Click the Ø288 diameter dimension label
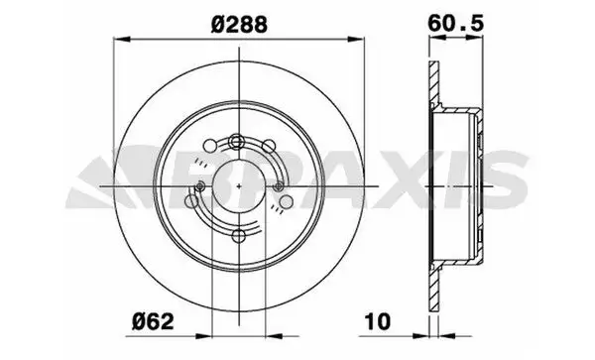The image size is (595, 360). (x=239, y=25)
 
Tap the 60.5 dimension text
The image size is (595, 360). (x=456, y=23)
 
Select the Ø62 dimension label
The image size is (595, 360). (x=153, y=322)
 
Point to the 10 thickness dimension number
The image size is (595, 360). (x=377, y=321)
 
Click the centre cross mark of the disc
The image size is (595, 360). (x=239, y=185)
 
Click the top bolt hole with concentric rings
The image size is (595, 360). (x=237, y=142)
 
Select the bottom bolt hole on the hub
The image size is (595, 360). (x=239, y=236)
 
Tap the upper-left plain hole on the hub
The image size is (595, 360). (x=210, y=146)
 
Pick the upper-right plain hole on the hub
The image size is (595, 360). (x=269, y=146)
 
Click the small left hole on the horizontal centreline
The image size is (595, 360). (x=200, y=185)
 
